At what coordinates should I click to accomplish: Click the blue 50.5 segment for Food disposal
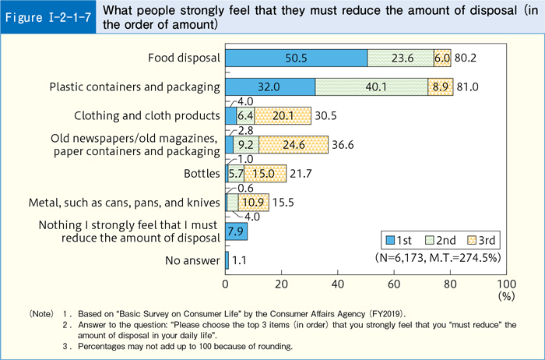click(296, 58)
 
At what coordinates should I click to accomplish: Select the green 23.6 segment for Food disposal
click(400, 58)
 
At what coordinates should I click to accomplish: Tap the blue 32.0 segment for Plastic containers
click(270, 86)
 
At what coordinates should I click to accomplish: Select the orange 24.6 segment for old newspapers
click(294, 144)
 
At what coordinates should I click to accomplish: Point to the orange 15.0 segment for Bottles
click(265, 173)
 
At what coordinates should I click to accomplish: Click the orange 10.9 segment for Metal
click(255, 202)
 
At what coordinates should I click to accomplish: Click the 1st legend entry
click(403, 238)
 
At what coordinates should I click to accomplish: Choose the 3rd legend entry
click(481, 238)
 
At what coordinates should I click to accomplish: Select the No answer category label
click(193, 260)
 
